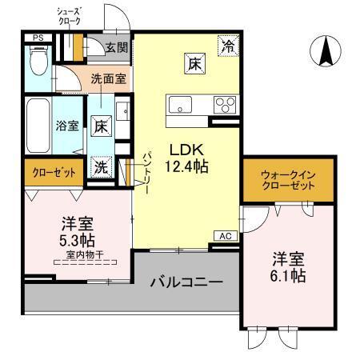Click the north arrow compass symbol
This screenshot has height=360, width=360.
pyautogui.click(x=326, y=52)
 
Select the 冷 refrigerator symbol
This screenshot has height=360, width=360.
pyautogui.click(x=229, y=46)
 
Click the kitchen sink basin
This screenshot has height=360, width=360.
pyautogui.click(x=178, y=105)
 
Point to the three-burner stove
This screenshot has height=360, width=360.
pyautogui.click(x=225, y=105)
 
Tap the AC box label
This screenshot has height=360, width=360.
pyautogui.click(x=225, y=236)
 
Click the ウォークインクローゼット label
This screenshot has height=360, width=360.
pyautogui.click(x=287, y=180)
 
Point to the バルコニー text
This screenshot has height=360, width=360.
pyautogui.click(x=186, y=282)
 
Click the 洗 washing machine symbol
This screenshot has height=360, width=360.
pyautogui.click(x=100, y=167)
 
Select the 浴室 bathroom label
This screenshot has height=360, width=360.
pyautogui.click(x=66, y=126)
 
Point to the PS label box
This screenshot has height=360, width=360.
pyautogui.click(x=37, y=38)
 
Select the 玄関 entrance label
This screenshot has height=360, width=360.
pyautogui.click(x=116, y=47)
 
